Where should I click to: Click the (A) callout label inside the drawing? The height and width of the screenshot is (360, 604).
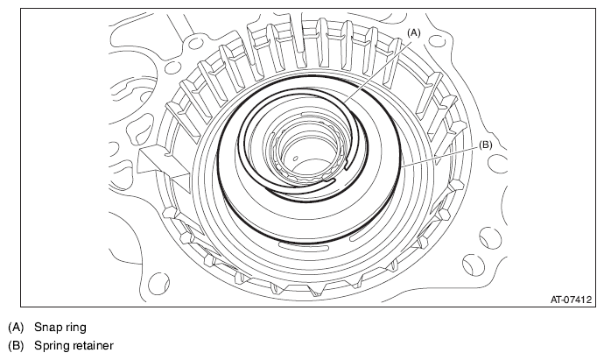(414, 33)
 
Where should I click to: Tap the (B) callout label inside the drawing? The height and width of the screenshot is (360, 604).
(485, 145)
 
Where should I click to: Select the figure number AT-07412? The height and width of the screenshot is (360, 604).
(571, 300)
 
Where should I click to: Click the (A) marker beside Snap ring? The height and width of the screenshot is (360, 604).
(16, 328)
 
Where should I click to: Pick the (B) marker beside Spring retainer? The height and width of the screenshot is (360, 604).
(16, 345)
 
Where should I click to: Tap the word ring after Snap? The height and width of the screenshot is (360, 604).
(74, 328)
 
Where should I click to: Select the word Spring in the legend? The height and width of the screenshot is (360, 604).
(50, 346)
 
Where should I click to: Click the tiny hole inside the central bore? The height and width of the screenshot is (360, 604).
(296, 158)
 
